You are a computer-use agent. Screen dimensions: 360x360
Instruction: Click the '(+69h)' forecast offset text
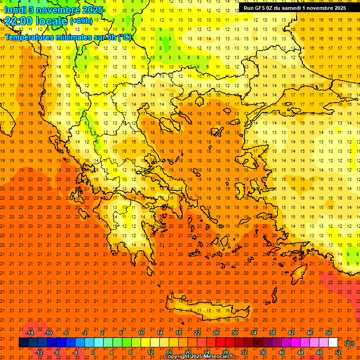pos(81,21)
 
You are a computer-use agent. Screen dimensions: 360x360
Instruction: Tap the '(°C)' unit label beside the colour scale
pos(349,343)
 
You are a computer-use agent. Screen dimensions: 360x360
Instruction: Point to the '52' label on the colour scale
pos(338,352)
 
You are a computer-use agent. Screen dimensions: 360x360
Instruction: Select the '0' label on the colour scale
pos(93,352)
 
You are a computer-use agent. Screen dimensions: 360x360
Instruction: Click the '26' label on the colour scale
pos(216,333)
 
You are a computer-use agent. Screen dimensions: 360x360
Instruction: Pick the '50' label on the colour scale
pos(328,333)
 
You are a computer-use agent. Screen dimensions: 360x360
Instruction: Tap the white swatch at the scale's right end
pos(333,343)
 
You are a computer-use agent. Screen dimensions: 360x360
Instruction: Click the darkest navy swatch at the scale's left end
pos(23,343)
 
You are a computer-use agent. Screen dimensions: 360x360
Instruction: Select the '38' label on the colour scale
pos(272,333)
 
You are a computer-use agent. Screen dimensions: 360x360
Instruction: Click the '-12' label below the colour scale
pos(39,352)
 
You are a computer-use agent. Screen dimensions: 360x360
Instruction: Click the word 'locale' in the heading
pos(50,21)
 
